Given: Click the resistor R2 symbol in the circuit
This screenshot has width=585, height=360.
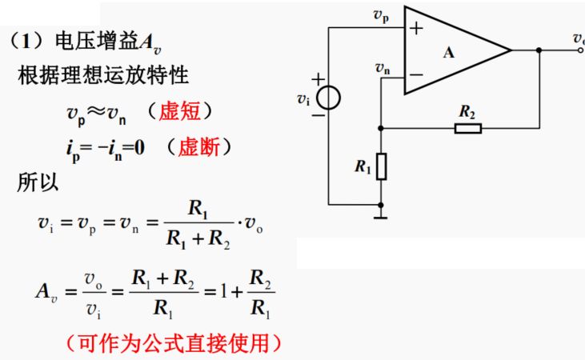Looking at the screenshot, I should [467, 127].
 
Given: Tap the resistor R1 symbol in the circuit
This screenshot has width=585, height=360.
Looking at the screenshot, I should [382, 167].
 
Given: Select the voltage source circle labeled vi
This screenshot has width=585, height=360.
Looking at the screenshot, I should [328, 98].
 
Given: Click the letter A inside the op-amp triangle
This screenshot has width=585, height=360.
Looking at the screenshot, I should [448, 53].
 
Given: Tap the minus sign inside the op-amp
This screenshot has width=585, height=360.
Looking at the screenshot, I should [416, 76].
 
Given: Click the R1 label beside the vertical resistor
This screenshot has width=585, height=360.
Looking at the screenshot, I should [363, 167].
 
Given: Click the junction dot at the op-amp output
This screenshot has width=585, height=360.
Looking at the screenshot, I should [540, 50].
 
